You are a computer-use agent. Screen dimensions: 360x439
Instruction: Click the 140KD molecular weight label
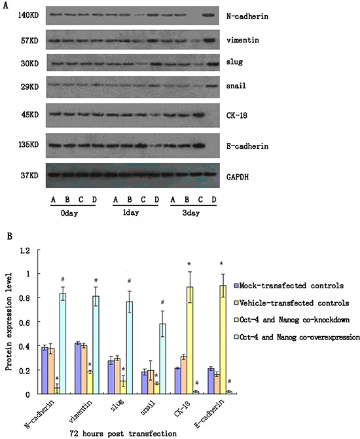28,15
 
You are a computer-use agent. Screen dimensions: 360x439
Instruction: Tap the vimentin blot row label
243,40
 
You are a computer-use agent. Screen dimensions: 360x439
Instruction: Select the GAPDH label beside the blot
238,177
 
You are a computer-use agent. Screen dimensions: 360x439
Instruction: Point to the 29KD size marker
30,86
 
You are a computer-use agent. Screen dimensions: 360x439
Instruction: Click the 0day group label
69,214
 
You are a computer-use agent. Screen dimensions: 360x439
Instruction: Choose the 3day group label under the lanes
191,213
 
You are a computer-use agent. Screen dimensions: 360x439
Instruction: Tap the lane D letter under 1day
156,200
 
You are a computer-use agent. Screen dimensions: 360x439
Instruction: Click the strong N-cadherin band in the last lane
208,15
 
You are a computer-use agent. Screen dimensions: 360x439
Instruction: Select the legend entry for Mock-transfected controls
289,286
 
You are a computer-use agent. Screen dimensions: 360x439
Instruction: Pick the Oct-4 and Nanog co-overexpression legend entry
297,337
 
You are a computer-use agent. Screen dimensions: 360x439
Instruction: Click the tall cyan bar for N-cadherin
63,343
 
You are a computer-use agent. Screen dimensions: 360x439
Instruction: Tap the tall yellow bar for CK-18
190,341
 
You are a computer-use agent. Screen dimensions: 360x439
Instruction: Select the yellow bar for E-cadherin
223,340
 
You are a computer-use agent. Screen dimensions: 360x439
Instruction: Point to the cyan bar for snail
162,359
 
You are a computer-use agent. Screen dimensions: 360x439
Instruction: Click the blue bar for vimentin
78,368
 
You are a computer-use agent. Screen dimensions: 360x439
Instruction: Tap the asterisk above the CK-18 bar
189,264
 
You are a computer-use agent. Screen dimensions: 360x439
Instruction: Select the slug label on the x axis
118,405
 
